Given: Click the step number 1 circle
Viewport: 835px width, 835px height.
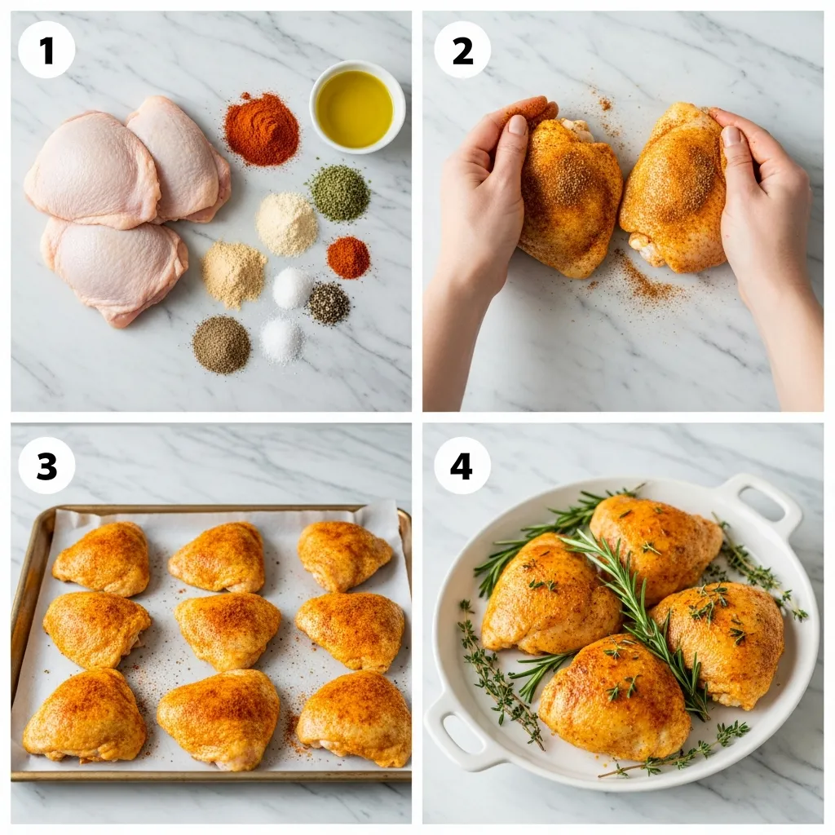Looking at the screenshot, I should pyautogui.click(x=46, y=50).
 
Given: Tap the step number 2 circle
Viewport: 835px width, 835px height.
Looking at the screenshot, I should pyautogui.click(x=462, y=50).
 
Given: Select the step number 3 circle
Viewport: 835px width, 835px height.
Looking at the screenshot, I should pyautogui.click(x=46, y=466).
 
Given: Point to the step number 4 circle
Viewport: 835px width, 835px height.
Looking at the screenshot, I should pyautogui.click(x=462, y=466).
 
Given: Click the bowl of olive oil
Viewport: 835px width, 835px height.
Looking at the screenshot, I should pyautogui.click(x=356, y=107).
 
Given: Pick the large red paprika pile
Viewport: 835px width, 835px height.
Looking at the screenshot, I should pyautogui.click(x=262, y=130).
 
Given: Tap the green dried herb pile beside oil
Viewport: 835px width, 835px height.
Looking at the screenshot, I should pyautogui.click(x=339, y=192).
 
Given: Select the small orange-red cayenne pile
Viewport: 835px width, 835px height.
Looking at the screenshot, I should pyautogui.click(x=348, y=257).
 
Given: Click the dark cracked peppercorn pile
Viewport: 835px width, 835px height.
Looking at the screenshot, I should pyautogui.click(x=329, y=303).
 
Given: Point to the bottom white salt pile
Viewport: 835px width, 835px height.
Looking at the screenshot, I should pyautogui.click(x=281, y=340).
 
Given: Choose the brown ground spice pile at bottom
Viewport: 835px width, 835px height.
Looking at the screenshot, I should pyautogui.click(x=221, y=344).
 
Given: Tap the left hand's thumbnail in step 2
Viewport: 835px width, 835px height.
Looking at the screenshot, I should pyautogui.click(x=517, y=125).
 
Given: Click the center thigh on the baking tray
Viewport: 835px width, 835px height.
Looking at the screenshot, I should pyautogui.click(x=228, y=630).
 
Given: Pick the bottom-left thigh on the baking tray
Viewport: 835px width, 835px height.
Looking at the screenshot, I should pyautogui.click(x=86, y=715).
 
